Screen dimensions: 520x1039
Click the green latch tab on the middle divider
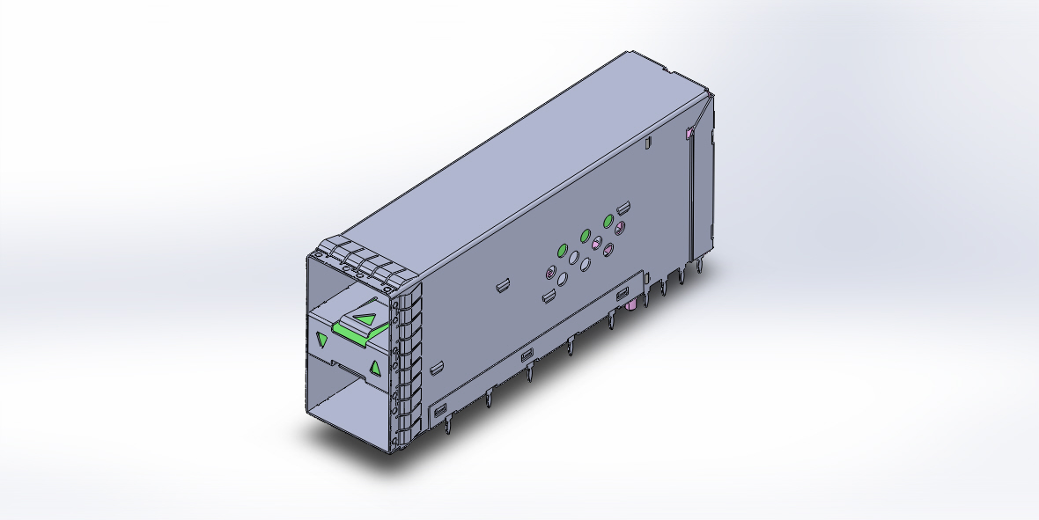352,332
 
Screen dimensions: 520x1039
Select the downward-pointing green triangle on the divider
322,340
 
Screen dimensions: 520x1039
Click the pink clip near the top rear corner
689,134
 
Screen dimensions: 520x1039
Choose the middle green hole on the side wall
586,236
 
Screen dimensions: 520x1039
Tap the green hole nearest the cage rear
608,220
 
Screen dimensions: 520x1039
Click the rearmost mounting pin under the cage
701,264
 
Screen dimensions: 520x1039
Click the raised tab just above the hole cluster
623,209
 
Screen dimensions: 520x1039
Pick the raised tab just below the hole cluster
548,296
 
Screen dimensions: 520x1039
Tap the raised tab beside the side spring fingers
435,367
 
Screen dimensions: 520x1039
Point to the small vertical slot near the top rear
647,141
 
